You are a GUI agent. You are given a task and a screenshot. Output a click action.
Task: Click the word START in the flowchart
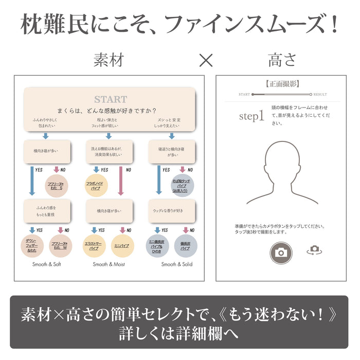pyautogui.click(x=110, y=99)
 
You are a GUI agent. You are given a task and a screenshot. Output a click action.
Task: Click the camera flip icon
pyautogui.click(x=313, y=250)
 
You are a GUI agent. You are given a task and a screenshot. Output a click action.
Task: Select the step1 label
pyautogui.click(x=251, y=116)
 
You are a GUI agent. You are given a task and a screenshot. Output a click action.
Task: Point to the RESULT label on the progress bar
pyautogui.click(x=320, y=95)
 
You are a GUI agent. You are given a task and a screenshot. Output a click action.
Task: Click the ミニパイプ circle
pyautogui.click(x=122, y=245)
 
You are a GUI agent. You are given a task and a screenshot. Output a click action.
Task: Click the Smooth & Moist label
pyautogui.click(x=109, y=264)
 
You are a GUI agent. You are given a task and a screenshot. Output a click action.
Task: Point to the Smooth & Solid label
pyautogui.click(x=176, y=264)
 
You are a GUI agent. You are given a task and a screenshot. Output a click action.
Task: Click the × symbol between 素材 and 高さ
pyautogui.click(x=206, y=60)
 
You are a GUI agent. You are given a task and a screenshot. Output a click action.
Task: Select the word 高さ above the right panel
pyautogui.click(x=282, y=60)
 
